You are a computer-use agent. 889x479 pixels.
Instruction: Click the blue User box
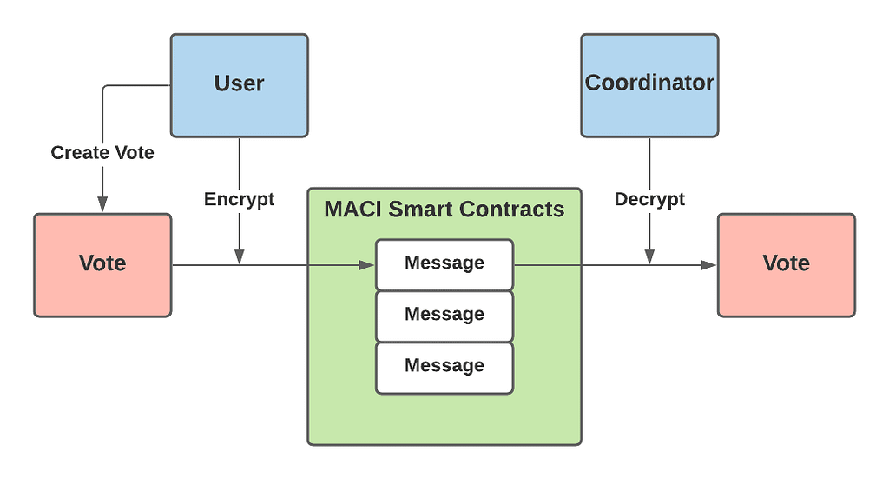[240, 85]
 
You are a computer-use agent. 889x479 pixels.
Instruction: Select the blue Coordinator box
[649, 85]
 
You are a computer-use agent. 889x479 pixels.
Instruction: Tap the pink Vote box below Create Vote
[102, 265]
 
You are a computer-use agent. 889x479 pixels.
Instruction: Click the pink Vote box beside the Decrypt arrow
[787, 265]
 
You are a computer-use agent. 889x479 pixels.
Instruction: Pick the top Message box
[444, 265]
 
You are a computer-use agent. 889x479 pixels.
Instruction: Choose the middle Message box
[444, 316]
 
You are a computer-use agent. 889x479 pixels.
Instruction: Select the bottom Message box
[444, 368]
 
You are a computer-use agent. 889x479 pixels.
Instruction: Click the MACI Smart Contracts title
[444, 209]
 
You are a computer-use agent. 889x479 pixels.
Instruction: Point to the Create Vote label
[102, 152]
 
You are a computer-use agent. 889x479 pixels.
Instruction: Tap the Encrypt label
[240, 199]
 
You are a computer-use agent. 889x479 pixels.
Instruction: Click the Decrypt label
[649, 199]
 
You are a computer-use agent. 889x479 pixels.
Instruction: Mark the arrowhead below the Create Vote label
[102, 203]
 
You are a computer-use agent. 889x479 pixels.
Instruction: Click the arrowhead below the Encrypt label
[240, 256]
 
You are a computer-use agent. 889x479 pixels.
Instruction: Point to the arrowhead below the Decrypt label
[649, 256]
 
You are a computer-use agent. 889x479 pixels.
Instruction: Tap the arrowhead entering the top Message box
[367, 265]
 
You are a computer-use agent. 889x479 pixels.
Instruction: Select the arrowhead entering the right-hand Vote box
[708, 265]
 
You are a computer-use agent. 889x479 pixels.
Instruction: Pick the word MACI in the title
[352, 209]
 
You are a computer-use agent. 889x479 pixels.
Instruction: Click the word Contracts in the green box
[512, 209]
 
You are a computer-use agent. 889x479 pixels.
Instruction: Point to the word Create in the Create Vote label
[80, 152]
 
